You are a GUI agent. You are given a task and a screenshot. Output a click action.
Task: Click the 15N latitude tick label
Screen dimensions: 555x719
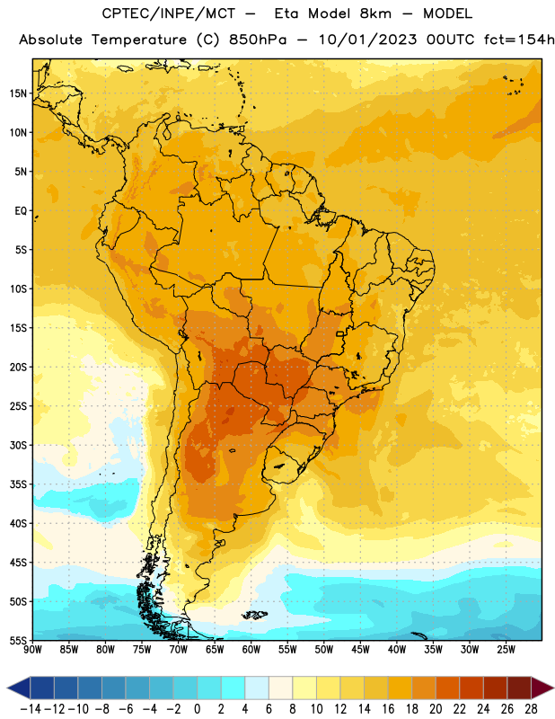coord(18,93)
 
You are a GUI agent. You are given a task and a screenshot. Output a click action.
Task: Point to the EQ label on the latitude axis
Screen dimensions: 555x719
coord(21,211)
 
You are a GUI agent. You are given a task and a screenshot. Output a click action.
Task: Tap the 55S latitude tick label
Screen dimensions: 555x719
coord(18,640)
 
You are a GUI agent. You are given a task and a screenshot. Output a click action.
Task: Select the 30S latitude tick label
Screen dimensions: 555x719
coord(18,445)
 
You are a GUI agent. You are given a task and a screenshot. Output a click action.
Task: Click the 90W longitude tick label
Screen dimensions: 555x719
coord(32,650)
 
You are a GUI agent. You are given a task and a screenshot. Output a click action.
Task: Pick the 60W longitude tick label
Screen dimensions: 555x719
coord(251,650)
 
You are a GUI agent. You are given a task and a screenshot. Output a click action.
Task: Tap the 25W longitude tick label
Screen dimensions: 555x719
coord(507,650)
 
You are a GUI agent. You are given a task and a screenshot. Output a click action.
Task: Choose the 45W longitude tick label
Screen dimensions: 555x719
coord(361,650)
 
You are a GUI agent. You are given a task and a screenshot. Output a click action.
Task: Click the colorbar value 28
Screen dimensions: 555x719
coord(531,709)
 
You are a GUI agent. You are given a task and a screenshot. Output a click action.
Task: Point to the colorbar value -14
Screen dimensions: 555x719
coord(31,709)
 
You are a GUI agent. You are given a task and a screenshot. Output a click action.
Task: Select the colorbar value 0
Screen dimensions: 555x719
coord(197,709)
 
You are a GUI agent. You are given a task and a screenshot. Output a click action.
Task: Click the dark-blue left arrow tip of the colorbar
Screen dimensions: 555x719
coord(8,688)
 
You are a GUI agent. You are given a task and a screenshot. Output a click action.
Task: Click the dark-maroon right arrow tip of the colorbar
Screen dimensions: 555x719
coord(552,688)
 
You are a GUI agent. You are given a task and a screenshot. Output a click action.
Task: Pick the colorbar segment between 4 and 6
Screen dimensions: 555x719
coord(257,688)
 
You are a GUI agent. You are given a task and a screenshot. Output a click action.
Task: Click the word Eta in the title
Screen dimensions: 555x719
coord(286,13)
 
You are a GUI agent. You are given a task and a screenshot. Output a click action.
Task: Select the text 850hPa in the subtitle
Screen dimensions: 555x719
coord(258,40)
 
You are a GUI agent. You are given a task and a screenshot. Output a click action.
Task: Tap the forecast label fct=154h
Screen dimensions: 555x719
coord(519,40)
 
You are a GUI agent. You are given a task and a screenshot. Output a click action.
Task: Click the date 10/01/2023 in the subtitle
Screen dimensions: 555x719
coord(367,40)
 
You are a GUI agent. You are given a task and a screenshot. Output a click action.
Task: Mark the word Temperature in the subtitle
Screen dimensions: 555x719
coord(139,40)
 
